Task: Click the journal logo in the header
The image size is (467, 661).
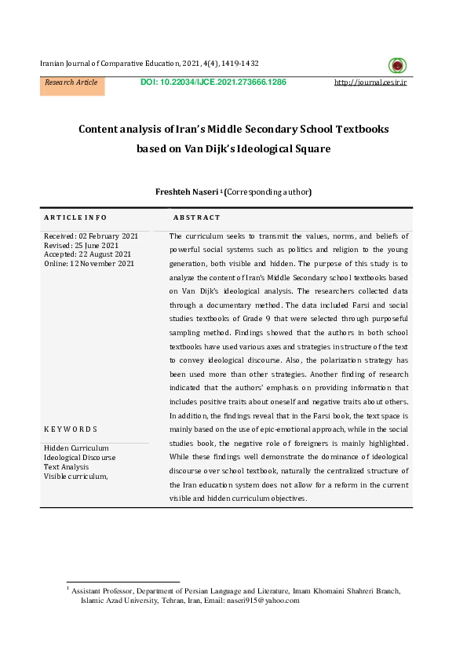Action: tap(398, 66)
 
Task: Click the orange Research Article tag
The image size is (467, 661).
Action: tap(71, 82)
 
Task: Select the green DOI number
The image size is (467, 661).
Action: tap(213, 82)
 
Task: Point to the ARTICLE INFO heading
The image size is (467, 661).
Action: tap(75, 217)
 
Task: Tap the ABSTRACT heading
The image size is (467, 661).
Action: tap(196, 217)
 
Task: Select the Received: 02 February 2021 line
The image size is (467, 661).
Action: tap(91, 236)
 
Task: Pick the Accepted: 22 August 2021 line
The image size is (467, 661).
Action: tap(87, 254)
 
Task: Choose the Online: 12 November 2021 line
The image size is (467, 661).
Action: tap(89, 264)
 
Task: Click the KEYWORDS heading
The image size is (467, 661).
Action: tap(71, 429)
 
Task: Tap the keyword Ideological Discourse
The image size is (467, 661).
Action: tap(79, 457)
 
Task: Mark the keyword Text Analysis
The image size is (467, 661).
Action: tap(67, 466)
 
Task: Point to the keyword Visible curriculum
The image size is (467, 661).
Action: tap(75, 476)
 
